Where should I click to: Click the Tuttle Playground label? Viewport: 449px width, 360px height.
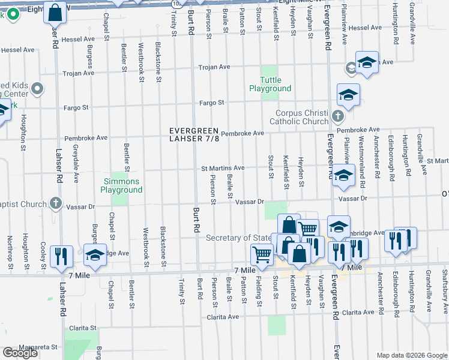270,84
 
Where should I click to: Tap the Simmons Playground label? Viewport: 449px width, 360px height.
121,185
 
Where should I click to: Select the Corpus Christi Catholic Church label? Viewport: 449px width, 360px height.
302,117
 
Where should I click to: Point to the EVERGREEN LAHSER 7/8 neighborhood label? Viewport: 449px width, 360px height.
198,134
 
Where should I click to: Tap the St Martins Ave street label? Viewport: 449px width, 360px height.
222,168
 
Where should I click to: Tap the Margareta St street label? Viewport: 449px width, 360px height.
37,347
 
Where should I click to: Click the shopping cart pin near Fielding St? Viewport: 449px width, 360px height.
262,254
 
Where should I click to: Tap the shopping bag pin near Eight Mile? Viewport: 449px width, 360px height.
55,13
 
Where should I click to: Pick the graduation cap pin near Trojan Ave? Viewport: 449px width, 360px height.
366,62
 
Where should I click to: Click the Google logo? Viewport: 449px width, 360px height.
20,353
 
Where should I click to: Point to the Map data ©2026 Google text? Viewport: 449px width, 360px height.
412,355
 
